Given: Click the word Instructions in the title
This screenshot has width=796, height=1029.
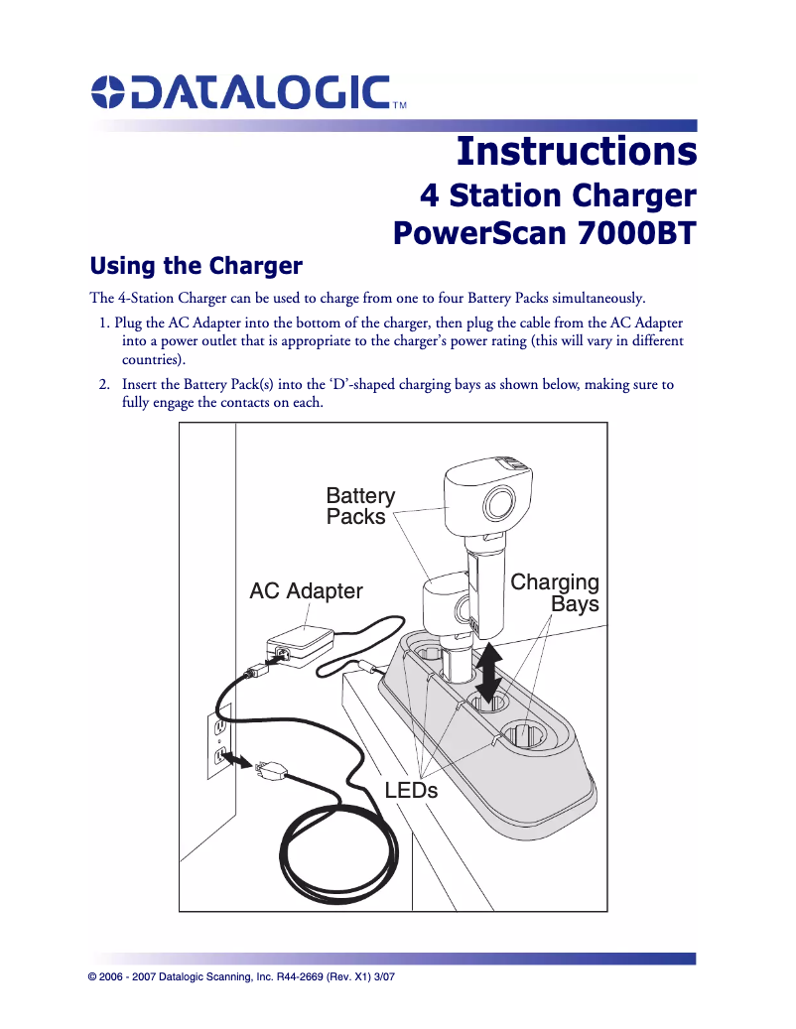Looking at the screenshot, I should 576,151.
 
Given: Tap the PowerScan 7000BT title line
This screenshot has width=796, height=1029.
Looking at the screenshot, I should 545,234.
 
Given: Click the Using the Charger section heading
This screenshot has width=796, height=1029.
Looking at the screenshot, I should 196,266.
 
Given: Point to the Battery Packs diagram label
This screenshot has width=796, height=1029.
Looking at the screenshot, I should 360,506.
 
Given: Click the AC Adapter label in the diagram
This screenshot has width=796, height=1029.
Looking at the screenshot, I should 306,591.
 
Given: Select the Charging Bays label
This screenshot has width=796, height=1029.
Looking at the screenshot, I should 555,592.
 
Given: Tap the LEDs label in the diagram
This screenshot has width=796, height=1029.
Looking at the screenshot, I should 411,790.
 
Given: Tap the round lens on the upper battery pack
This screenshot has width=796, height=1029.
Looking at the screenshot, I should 498,504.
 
